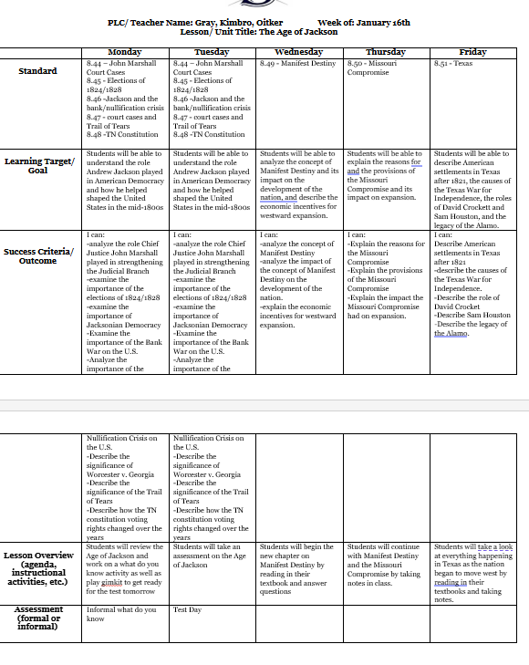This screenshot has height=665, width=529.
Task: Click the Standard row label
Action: tap(37, 71)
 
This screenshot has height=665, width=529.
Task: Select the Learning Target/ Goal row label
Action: tap(37, 165)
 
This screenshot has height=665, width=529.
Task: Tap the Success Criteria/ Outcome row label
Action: tap(37, 256)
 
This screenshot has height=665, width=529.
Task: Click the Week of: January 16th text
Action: tap(364, 22)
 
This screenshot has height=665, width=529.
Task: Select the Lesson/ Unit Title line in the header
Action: tap(259, 32)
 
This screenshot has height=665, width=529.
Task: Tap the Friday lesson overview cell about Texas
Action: tap(472, 572)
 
